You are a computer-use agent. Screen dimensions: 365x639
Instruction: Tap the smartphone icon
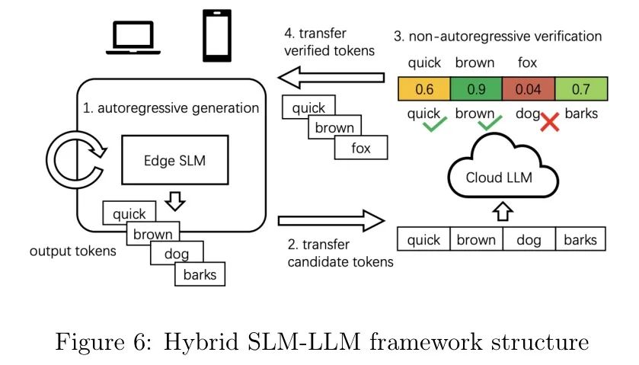click(216, 35)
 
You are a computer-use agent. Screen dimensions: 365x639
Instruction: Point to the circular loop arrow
click(72, 160)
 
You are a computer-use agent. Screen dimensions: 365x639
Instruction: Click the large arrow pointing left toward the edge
click(331, 76)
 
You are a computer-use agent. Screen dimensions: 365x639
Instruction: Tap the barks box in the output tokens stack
click(200, 274)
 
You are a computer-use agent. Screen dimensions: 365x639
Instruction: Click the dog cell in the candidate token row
click(529, 239)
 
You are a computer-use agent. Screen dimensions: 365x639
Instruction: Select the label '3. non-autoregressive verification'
click(497, 36)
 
